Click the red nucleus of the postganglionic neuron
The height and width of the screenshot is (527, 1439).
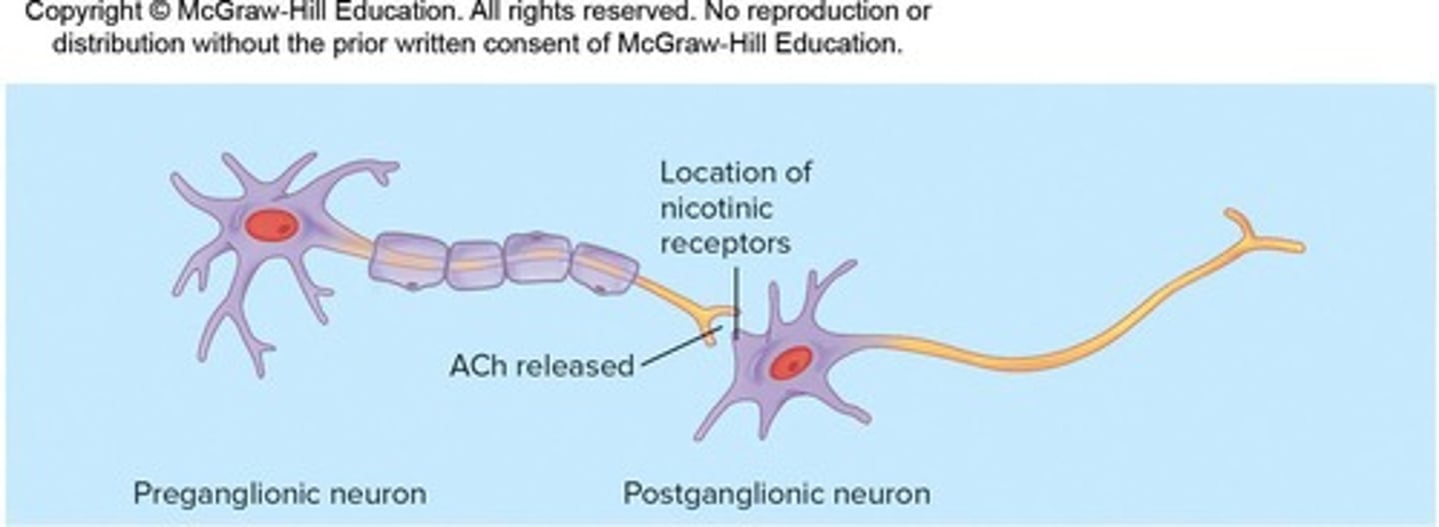tap(789, 363)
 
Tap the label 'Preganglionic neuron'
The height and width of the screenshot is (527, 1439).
tap(280, 493)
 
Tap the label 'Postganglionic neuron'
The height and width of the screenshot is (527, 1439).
tap(776, 493)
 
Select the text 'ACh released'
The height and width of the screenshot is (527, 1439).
tap(541, 365)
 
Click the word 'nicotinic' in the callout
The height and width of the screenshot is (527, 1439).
tap(717, 207)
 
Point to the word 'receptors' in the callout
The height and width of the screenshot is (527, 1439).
tap(724, 242)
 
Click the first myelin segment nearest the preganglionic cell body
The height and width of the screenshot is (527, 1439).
tap(408, 260)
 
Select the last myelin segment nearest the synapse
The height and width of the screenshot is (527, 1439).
tap(606, 269)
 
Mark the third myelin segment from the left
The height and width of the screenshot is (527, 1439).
tap(538, 258)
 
